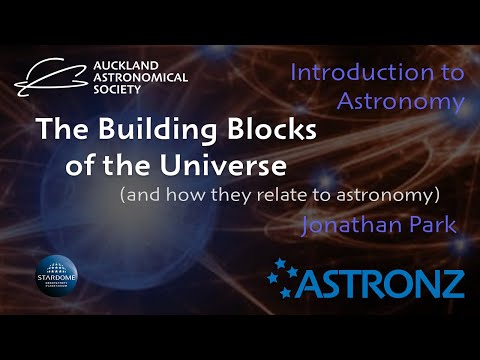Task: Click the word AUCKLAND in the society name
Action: (x=121, y=61)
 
